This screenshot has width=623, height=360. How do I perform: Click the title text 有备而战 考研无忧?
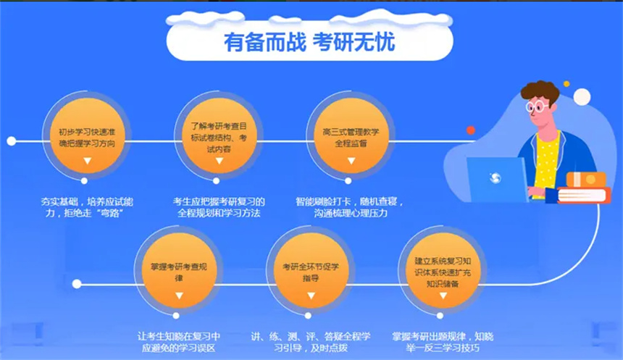tap(309, 42)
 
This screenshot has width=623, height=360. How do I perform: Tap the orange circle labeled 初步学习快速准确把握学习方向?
tap(88, 135)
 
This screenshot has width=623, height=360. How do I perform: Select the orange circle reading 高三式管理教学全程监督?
tap(351, 135)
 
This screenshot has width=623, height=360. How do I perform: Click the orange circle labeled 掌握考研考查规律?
tap(179, 271)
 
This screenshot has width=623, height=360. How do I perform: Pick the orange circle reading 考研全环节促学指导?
tap(311, 271)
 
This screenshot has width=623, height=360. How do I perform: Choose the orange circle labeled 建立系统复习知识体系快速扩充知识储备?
tap(443, 271)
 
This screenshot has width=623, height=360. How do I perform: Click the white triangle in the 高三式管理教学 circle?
tap(351, 161)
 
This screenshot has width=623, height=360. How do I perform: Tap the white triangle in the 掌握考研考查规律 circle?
tap(179, 296)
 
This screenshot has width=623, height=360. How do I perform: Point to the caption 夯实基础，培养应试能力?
tap(87, 207)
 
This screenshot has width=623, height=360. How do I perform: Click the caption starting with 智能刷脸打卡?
tap(350, 207)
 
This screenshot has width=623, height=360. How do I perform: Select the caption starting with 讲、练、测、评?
tap(311, 342)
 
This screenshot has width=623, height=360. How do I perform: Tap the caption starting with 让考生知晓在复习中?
tap(179, 342)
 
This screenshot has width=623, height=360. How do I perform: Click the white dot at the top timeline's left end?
tap(12, 141)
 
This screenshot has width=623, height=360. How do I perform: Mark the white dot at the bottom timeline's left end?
tap(77, 284)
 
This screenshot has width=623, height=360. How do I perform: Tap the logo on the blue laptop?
tap(495, 177)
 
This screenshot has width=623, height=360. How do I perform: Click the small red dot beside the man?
tap(471, 130)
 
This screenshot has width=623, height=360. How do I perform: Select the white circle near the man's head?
tap(582, 97)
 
